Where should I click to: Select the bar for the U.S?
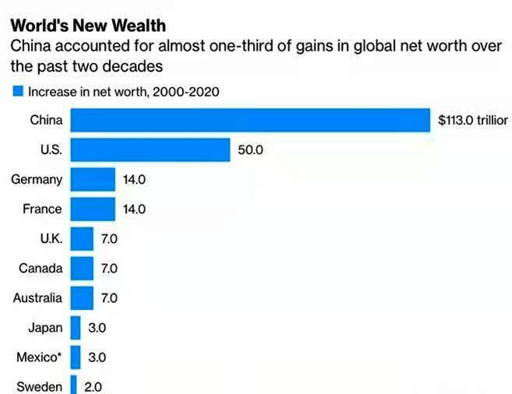[150, 150]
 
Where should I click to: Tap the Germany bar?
[93, 179]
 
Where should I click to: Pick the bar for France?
[93, 209]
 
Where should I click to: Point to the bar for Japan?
[75, 327]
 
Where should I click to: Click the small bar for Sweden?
[74, 385]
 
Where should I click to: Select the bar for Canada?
[82, 268]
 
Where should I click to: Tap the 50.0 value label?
[251, 150]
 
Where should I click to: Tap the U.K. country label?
[51, 238]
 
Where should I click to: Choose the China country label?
[46, 120]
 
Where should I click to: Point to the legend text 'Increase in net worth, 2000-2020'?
[124, 91]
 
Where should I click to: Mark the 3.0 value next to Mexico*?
[96, 357]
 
